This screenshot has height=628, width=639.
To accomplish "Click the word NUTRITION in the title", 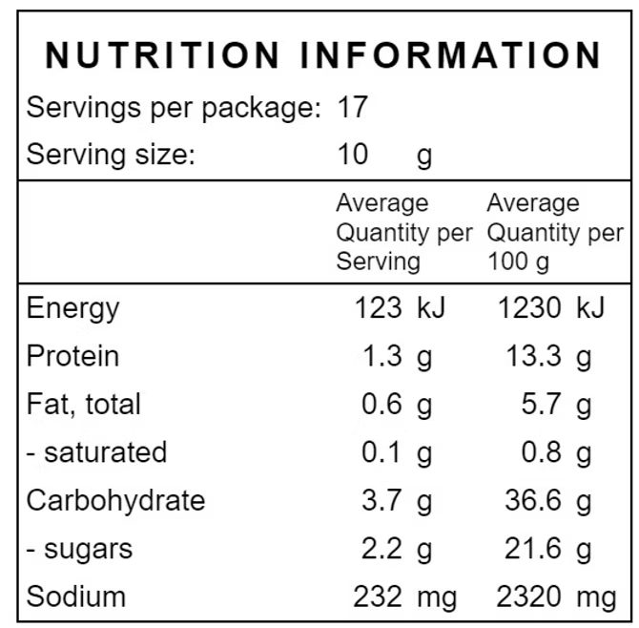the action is [162, 55].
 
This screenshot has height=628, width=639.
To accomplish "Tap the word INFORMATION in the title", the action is [450, 55].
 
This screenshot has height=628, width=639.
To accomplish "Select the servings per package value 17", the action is [353, 107].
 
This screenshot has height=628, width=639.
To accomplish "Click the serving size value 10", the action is [353, 155].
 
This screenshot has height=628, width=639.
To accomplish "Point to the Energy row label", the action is [72, 308].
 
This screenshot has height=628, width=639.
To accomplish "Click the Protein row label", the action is [72, 356].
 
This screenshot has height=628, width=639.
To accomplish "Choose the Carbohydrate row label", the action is [115, 500].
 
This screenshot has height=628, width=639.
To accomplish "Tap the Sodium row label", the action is [76, 597].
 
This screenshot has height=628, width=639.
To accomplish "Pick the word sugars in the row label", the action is [89, 550].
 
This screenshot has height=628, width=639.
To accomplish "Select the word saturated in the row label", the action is [106, 452].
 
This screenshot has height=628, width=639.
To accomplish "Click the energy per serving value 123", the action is [379, 307].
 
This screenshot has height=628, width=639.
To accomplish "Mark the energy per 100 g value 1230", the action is [529, 307].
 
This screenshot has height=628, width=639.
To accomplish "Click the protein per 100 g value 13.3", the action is [533, 356].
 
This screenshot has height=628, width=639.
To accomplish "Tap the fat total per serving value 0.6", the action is [381, 404].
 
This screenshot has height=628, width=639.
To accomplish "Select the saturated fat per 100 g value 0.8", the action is [541, 451].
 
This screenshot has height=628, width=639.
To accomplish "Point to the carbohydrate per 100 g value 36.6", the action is [533, 500].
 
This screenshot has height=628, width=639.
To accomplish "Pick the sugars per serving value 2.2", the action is [381, 548].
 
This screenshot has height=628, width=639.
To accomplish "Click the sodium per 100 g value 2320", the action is [528, 597].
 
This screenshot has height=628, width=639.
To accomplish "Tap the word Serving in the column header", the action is [379, 262].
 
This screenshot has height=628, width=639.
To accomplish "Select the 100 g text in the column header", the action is [519, 262].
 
